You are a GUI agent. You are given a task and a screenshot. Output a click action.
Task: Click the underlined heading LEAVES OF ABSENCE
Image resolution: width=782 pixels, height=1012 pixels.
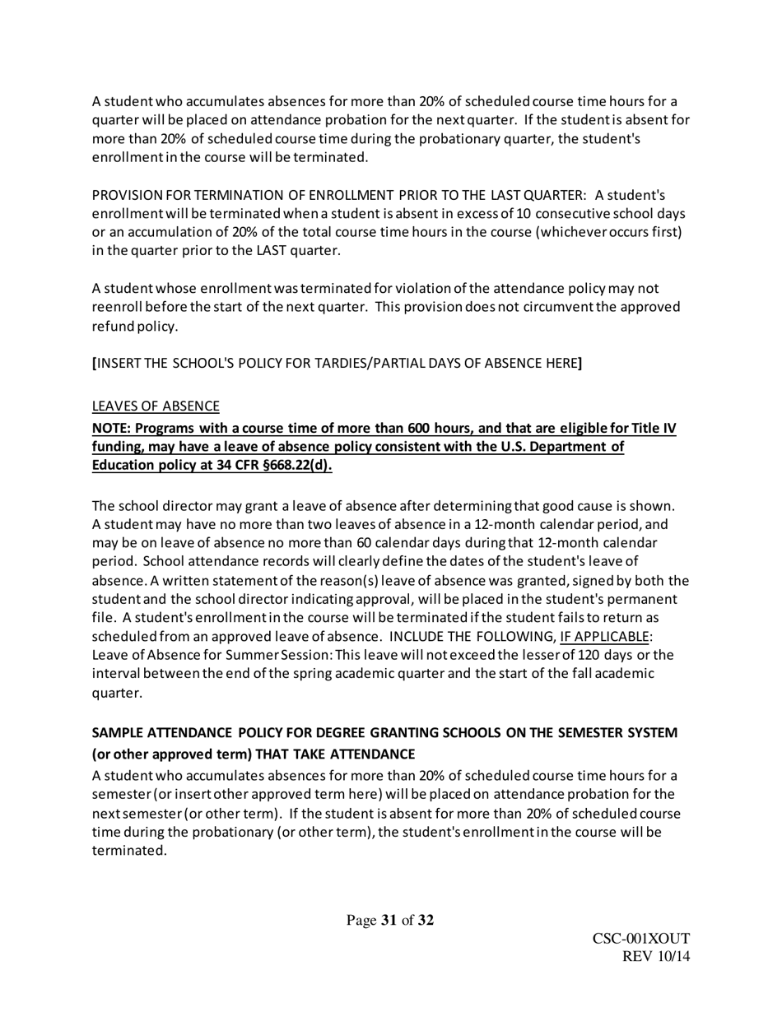pos(155,406)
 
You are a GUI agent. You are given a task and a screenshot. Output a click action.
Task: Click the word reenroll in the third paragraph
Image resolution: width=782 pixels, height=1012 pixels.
pos(117,307)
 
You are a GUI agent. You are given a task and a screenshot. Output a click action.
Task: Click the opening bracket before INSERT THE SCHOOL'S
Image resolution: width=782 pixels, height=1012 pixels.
pos(93,362)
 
